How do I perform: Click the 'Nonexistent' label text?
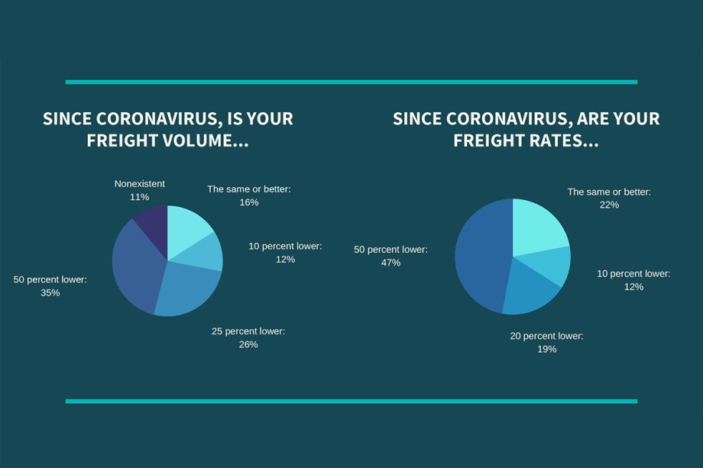[139, 184]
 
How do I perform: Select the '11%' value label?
[139, 197]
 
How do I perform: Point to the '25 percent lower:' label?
[248, 331]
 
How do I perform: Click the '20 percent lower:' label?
[546, 336]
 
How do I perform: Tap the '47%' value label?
[390, 263]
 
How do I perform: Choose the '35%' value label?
[50, 292]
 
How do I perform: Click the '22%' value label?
[609, 205]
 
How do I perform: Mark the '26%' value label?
[248, 344]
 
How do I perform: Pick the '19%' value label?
[546, 349]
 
